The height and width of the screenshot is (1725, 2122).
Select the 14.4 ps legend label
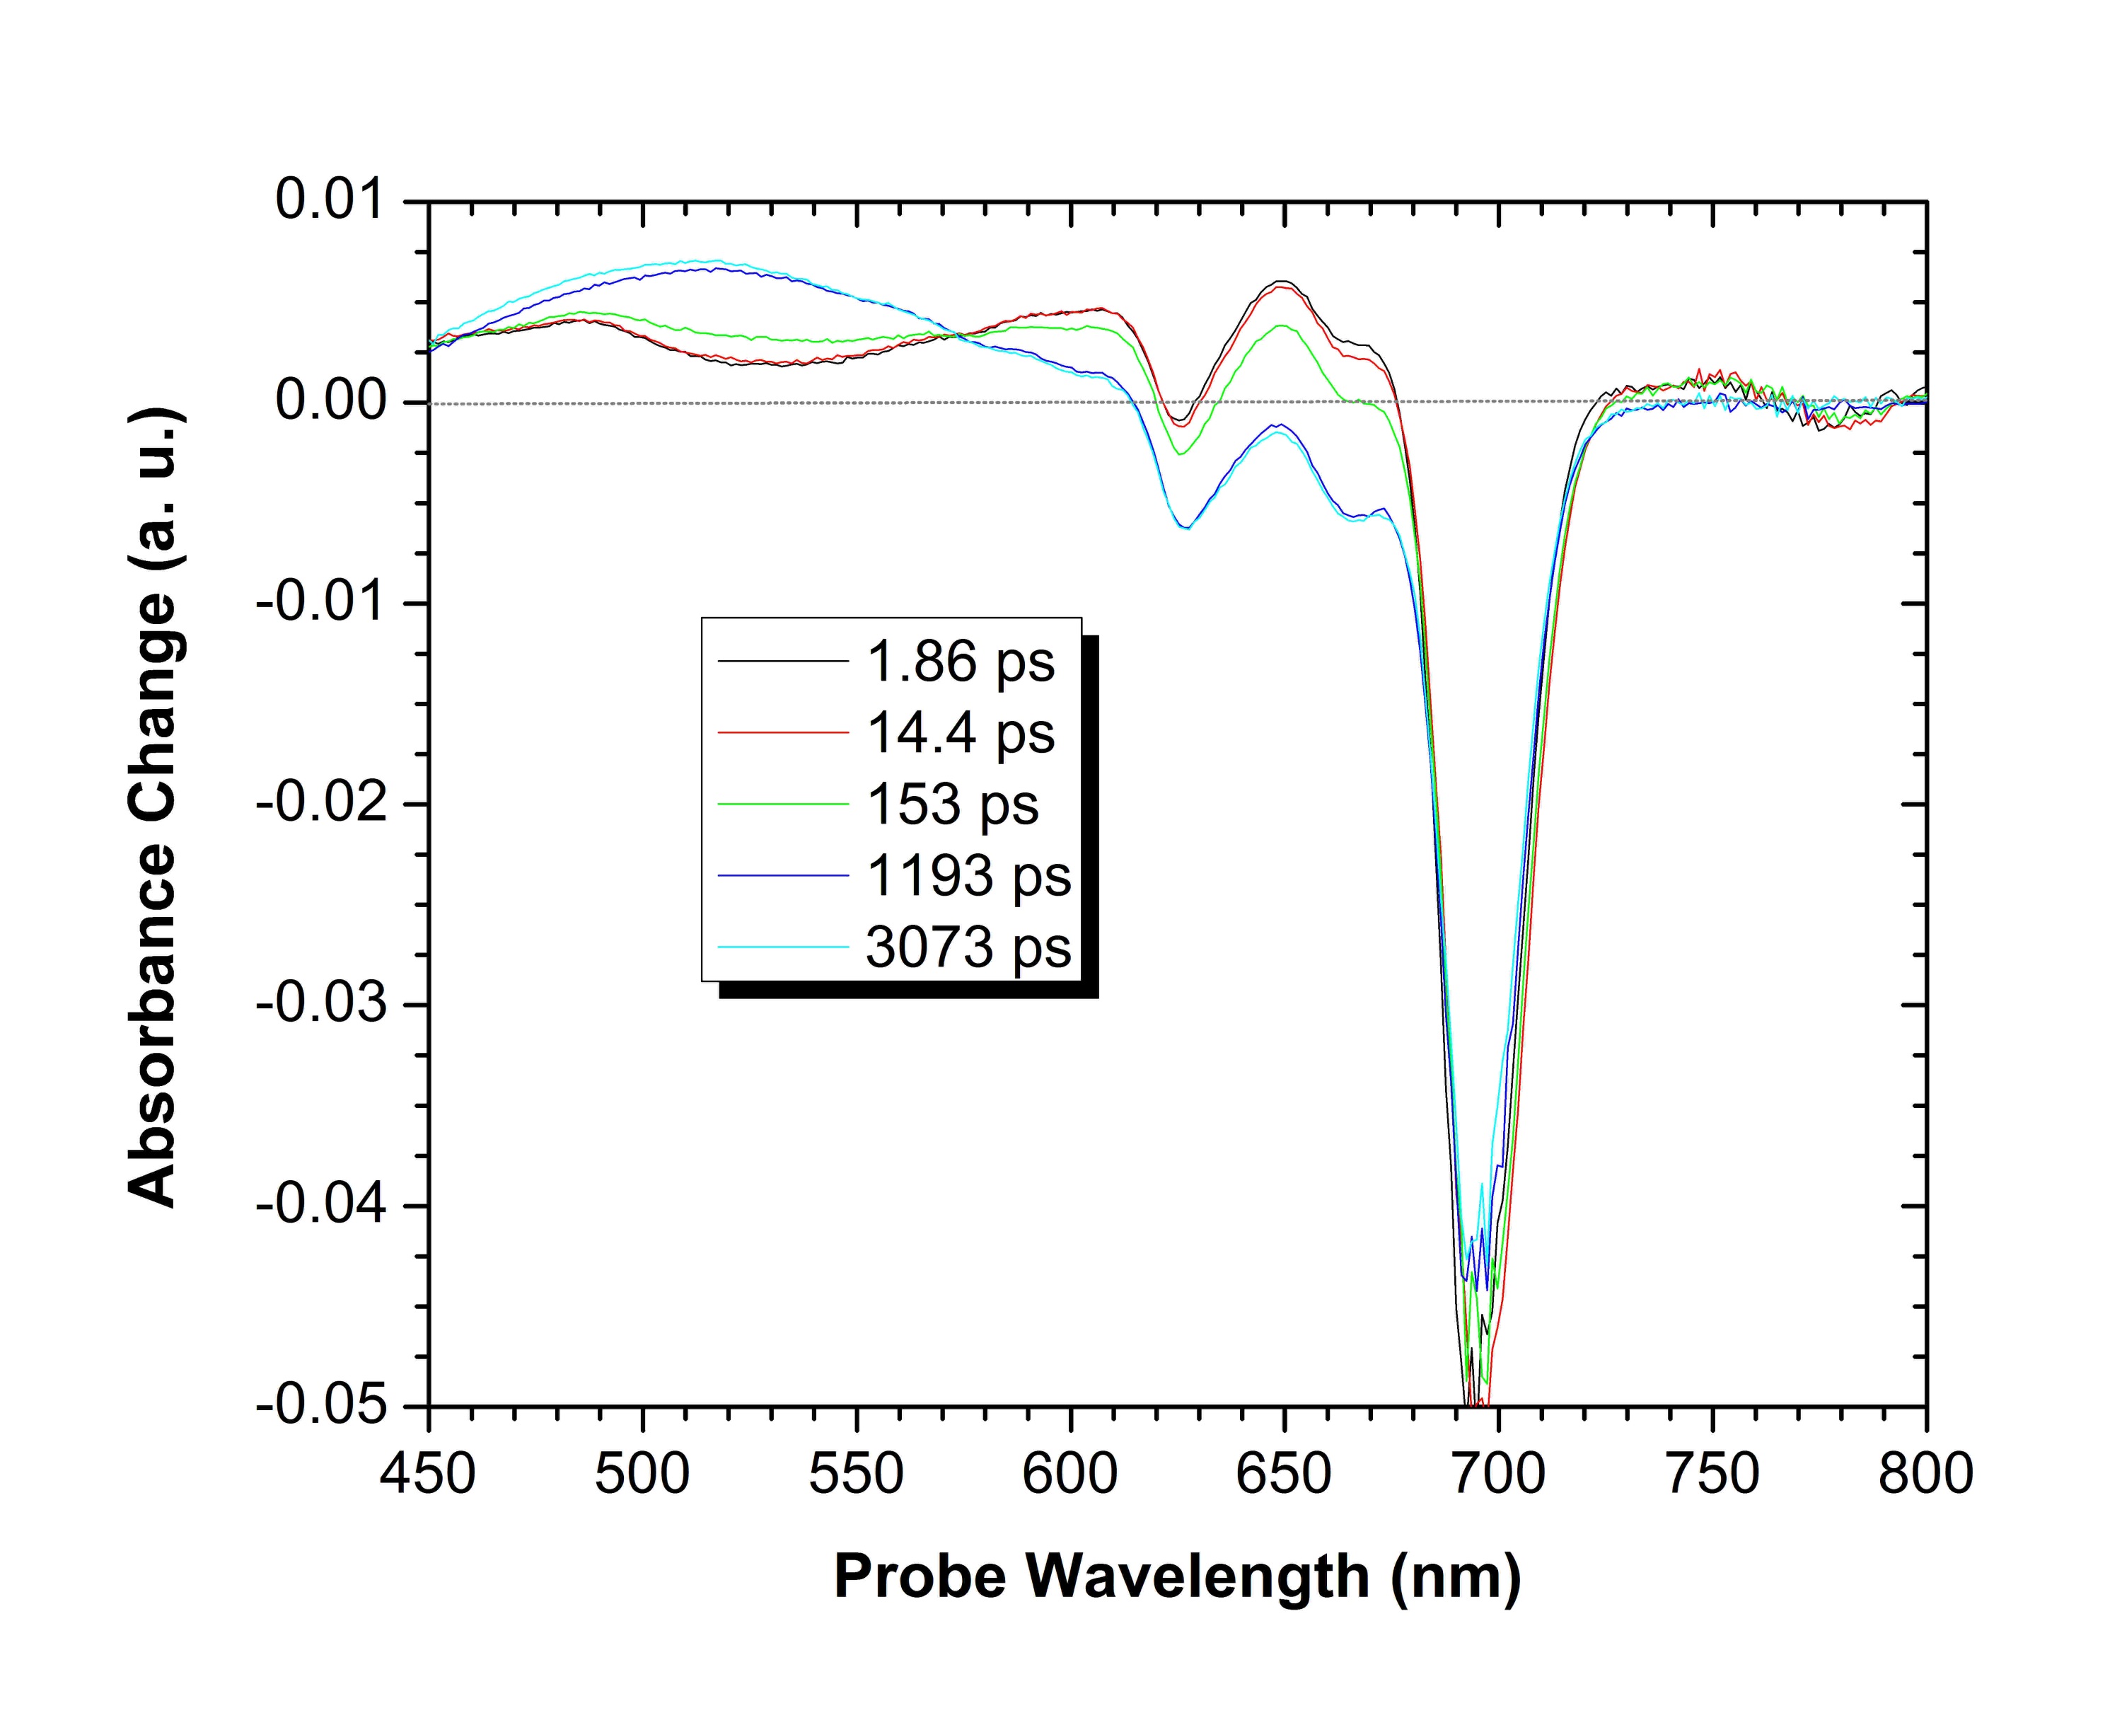[x=960, y=733]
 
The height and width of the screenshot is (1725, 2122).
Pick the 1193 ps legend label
[x=968, y=875]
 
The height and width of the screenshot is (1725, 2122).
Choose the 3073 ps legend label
[x=968, y=947]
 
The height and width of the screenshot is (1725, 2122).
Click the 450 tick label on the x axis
[x=428, y=1474]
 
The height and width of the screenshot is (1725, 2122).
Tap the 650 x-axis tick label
[x=1284, y=1474]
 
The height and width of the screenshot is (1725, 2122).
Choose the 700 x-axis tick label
[x=1497, y=1474]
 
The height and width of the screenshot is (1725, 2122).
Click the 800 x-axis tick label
[x=1925, y=1474]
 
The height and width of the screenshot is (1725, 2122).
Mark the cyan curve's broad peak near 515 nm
[x=712, y=261]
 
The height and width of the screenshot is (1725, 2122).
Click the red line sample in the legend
[x=783, y=732]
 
